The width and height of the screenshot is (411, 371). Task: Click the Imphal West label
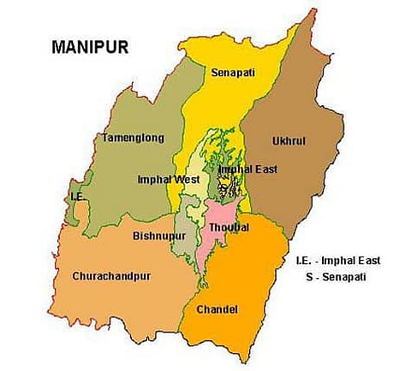pyautogui.click(x=169, y=180)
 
